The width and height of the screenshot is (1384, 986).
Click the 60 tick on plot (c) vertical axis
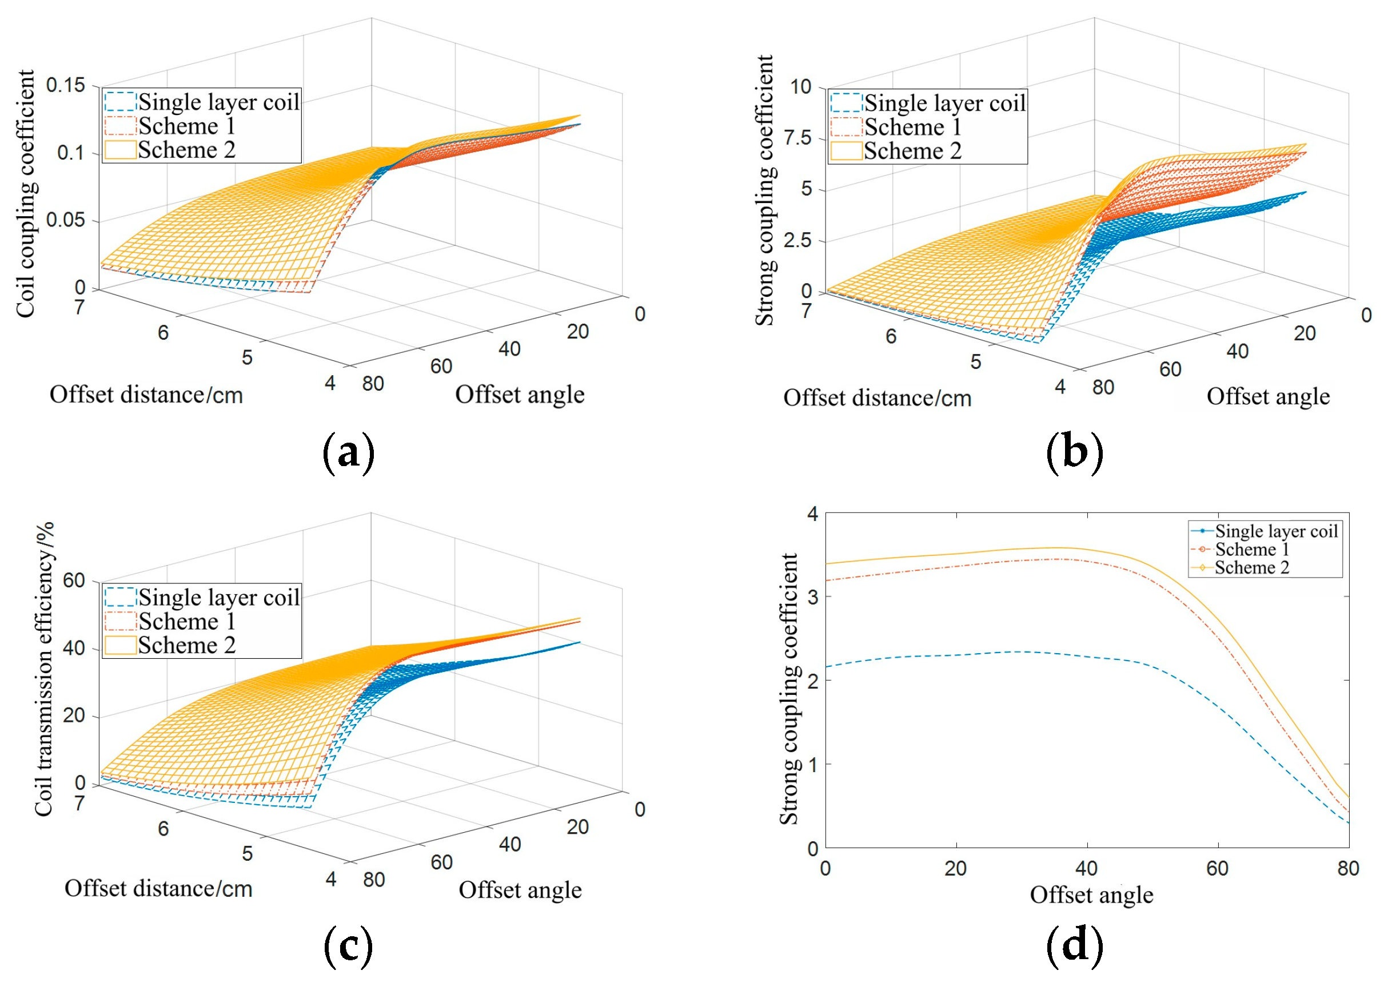click(73, 581)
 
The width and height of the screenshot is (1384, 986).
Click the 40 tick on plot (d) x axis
click(1086, 869)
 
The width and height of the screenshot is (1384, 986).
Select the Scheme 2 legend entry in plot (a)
click(186, 150)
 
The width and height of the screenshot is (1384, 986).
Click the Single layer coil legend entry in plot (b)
click(944, 103)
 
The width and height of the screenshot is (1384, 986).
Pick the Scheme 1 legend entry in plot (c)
click(186, 621)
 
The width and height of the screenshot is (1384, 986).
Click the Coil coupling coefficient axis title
click(26, 193)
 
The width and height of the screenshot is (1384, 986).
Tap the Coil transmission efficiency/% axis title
click(43, 669)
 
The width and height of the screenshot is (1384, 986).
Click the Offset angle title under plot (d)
click(1091, 895)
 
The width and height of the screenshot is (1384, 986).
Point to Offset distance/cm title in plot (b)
click(877, 398)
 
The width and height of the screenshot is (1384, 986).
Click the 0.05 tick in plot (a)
click(66, 220)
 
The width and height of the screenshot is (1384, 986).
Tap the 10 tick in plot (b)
click(801, 87)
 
